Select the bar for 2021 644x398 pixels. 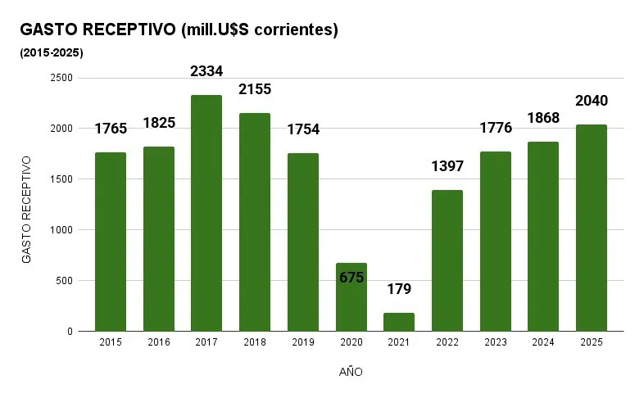coord(399,322)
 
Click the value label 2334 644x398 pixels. coord(206,71)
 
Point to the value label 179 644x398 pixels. coord(399,289)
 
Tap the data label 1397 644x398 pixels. coord(447,166)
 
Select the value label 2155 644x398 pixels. coord(255,89)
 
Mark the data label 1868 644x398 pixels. coord(543,118)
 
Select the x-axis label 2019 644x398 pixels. coord(303,342)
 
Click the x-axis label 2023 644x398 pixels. coord(496,342)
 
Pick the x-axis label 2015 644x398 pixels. coord(111,342)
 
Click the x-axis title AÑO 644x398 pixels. coord(351,372)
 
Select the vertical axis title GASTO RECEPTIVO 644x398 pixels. coord(26,209)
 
